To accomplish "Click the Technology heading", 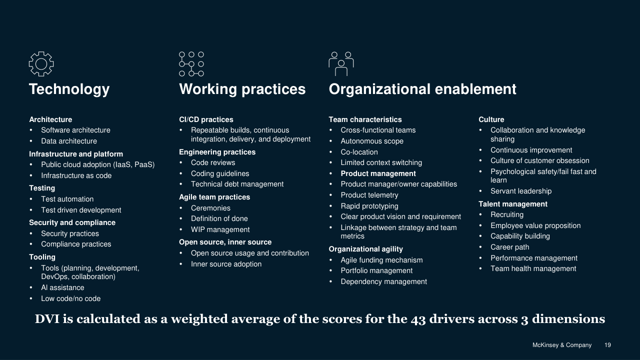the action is tap(69, 89).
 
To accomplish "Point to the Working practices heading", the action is tap(242, 89).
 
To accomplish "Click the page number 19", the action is tap(607, 345).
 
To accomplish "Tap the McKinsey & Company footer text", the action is tap(562, 345).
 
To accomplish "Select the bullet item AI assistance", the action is tap(62, 287).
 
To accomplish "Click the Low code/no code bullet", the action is tap(71, 298).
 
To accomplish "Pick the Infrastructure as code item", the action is tap(76, 175).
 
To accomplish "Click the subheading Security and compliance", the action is tap(72, 222).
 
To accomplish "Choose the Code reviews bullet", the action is tap(213, 162).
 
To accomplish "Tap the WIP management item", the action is tap(220, 229).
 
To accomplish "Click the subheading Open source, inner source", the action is tap(225, 242).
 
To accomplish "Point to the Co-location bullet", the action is tap(359, 152).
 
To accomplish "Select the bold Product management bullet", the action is tap(378, 173).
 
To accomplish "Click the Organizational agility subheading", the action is tap(365, 249).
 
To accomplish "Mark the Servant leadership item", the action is tap(521, 191).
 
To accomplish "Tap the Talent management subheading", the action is tap(513, 204).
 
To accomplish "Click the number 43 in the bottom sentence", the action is tap(418, 319).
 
